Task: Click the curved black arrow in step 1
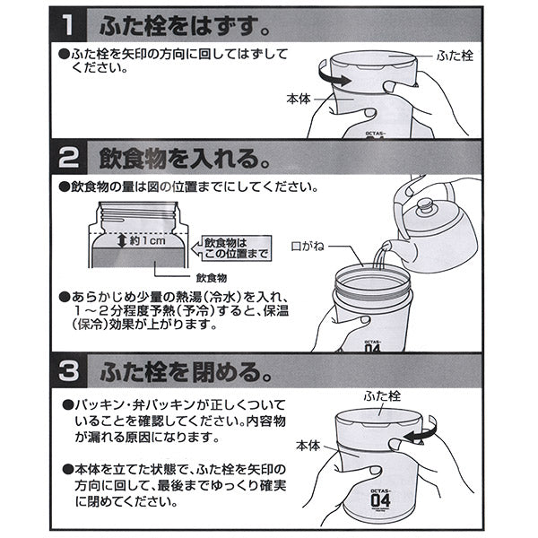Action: pos(334,80)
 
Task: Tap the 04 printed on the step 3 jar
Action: pos(379,499)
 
